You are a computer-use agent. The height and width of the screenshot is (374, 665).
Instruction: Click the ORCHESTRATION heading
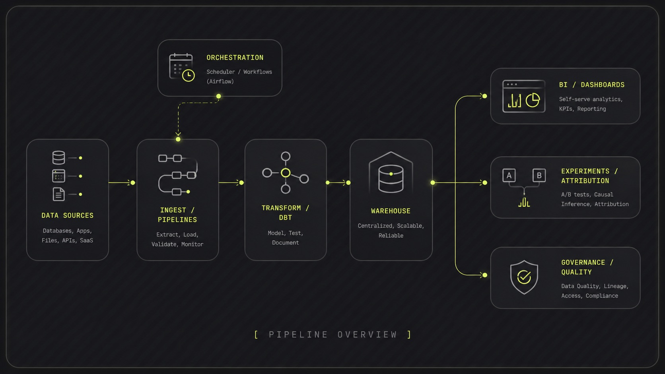click(x=235, y=58)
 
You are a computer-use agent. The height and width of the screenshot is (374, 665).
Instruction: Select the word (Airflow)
click(x=220, y=81)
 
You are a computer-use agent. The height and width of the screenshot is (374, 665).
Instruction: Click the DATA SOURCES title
click(x=68, y=215)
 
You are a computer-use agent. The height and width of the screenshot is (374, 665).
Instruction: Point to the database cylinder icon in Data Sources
click(x=58, y=158)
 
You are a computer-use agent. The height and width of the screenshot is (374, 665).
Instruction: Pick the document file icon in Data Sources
click(x=58, y=194)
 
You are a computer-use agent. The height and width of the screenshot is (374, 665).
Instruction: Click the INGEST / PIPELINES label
click(x=177, y=215)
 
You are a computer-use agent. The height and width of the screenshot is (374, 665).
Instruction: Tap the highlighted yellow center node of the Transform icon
click(x=286, y=173)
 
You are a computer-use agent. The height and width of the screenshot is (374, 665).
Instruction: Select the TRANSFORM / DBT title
click(x=285, y=213)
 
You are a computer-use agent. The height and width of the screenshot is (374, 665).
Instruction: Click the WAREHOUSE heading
click(x=391, y=211)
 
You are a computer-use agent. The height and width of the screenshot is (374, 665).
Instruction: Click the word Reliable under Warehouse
click(x=391, y=236)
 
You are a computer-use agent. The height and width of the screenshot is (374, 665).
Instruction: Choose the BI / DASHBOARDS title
click(x=592, y=85)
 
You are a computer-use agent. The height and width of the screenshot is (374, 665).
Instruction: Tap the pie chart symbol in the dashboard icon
click(x=533, y=100)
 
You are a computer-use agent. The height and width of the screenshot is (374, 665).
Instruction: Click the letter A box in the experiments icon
click(x=509, y=175)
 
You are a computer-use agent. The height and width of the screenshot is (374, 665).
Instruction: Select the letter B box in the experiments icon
click(x=539, y=175)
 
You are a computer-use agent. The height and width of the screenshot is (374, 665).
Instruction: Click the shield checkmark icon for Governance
click(x=524, y=277)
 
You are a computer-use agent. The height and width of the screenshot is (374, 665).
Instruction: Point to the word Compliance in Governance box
click(x=602, y=296)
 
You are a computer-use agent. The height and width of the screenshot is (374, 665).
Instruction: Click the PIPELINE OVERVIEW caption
click(x=333, y=335)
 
